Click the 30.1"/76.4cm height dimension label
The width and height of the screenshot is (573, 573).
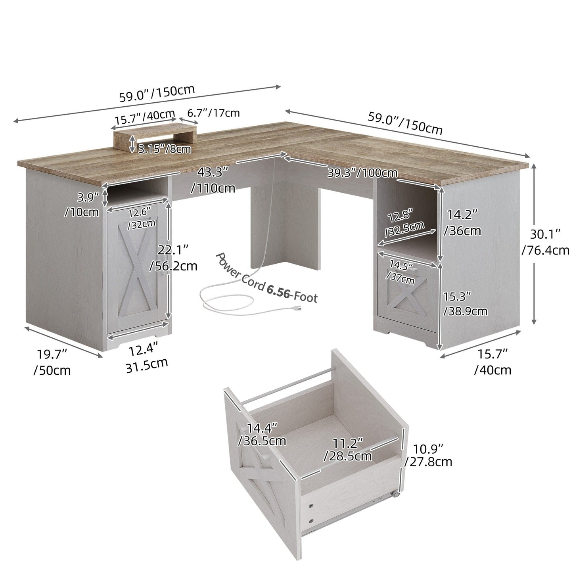pos(546,242)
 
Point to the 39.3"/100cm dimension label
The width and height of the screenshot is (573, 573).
pos(362,172)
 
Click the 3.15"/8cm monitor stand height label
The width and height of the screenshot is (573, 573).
pos(164,149)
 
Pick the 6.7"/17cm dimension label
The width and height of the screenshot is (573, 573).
pos(213,113)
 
